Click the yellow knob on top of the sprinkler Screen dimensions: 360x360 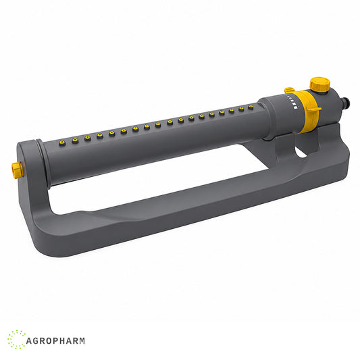coord(320,84)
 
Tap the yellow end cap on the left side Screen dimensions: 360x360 coord(16,170)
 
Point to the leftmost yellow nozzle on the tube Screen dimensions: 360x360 coord(62,143)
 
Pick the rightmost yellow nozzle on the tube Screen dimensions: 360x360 coord(251,107)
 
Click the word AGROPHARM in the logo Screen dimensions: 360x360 coord(55,340)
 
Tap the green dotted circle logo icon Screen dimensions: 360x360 coord(16,340)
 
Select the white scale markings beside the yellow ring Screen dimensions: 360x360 coord(292,102)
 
